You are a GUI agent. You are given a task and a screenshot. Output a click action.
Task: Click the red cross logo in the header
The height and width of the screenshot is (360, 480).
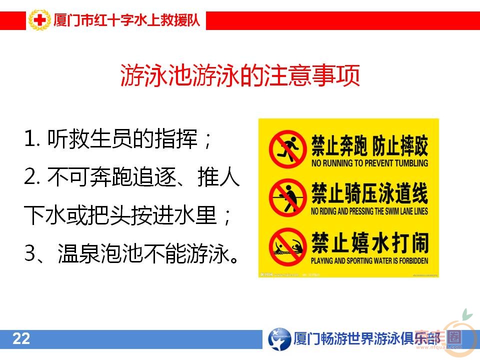[x=38, y=20]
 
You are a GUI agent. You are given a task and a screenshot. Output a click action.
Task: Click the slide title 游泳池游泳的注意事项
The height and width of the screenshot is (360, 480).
[x=240, y=76]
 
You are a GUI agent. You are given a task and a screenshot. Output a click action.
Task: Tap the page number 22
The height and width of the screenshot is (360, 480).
[x=21, y=339]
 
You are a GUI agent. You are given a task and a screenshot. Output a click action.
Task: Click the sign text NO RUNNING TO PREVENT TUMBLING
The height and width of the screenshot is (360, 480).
[x=369, y=163]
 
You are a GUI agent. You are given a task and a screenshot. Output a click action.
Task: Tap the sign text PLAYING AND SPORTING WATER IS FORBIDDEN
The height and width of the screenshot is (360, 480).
[x=369, y=261]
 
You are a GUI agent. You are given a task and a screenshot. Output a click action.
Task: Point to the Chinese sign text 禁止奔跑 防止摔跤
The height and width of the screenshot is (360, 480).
[x=369, y=144]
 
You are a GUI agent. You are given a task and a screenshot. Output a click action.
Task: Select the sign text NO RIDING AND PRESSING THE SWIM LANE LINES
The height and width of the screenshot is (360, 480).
[x=369, y=211]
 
